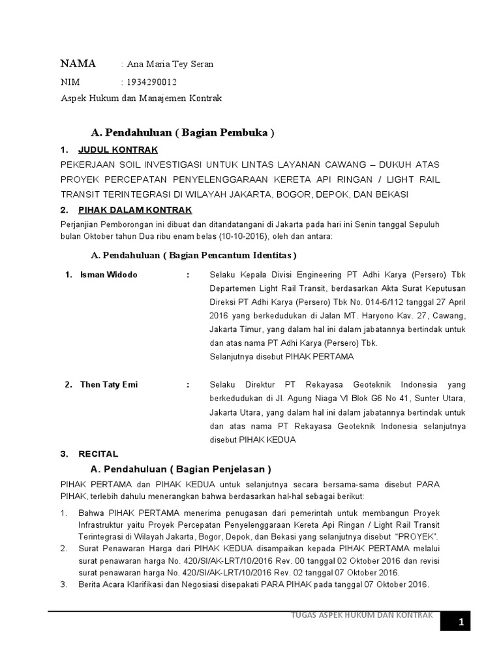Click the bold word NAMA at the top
(x=78, y=64)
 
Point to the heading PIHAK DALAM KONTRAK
(x=134, y=209)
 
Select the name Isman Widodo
(x=109, y=275)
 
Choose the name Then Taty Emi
(x=109, y=384)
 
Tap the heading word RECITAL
(x=98, y=453)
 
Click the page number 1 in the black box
(x=460, y=622)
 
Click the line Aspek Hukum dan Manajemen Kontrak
(x=142, y=99)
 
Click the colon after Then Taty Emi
(x=188, y=384)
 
